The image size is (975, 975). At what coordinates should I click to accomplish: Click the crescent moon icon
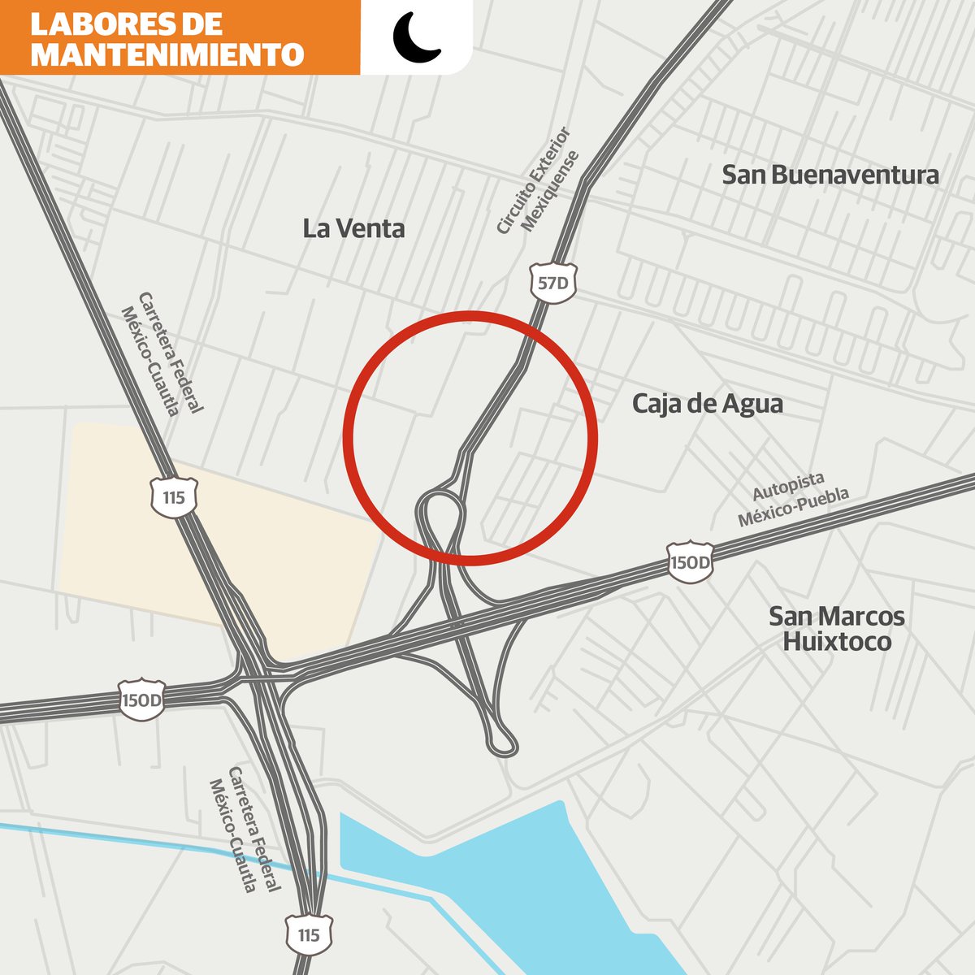click(415, 37)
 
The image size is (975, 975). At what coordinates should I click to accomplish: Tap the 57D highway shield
click(554, 283)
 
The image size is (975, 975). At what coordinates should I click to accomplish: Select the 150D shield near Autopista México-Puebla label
click(690, 562)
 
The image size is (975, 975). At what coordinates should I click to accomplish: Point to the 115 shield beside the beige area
click(174, 496)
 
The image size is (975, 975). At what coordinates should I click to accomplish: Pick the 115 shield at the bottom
click(309, 934)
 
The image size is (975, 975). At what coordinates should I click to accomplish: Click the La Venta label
click(353, 229)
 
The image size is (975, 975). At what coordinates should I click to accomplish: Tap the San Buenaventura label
click(830, 175)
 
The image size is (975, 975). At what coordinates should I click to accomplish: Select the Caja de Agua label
click(707, 404)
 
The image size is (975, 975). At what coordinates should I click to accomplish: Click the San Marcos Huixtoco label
click(836, 629)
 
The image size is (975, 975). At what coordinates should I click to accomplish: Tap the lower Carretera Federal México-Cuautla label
click(245, 830)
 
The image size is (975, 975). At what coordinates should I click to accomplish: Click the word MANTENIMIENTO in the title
click(167, 54)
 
